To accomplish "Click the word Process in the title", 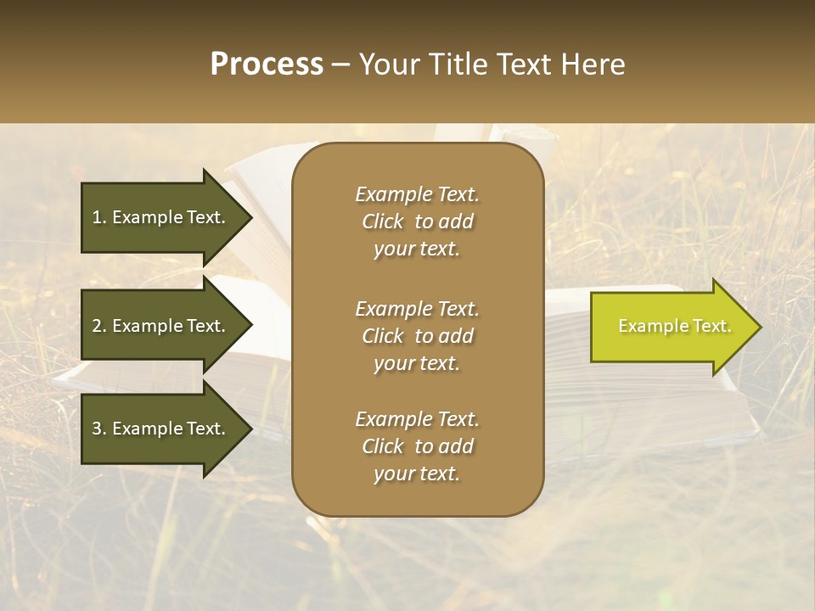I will [x=267, y=64].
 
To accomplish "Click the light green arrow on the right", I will [x=671, y=327].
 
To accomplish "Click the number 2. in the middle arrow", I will [x=99, y=326].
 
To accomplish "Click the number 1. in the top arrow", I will [x=99, y=217].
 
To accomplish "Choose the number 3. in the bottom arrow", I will [x=99, y=429].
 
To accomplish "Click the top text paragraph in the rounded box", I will [x=417, y=221].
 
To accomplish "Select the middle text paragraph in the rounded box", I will [x=417, y=336].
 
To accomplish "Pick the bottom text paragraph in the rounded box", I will [x=417, y=446].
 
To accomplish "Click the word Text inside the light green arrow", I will [x=711, y=326].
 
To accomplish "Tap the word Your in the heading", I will [x=388, y=64].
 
